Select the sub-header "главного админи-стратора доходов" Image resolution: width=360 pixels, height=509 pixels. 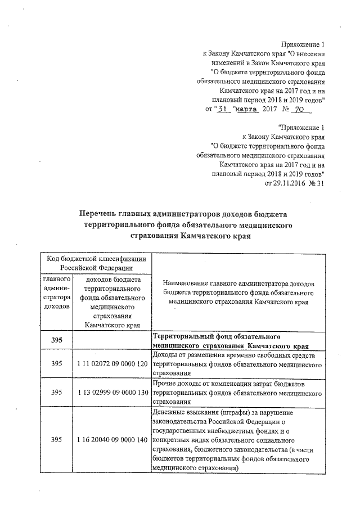(56, 292)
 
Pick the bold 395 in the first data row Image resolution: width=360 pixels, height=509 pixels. (56, 340)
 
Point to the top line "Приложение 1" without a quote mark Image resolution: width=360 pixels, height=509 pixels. (303, 44)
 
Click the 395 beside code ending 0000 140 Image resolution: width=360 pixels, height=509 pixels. (56, 439)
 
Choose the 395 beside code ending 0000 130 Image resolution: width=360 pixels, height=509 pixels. (56, 391)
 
